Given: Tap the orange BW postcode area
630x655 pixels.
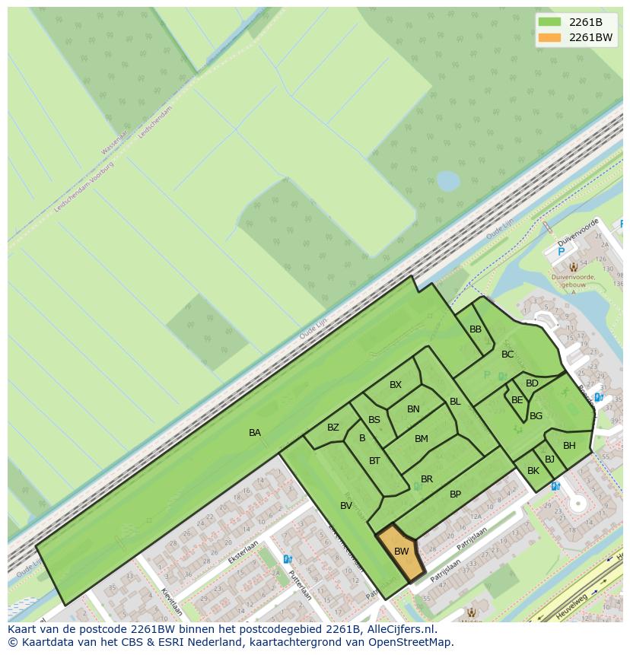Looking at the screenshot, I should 401,552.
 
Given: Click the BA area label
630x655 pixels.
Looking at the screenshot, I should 255,433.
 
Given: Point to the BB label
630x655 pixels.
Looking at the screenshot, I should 476,329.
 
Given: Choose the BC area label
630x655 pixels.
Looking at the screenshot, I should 508,355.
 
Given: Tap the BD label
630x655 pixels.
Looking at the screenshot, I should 532,383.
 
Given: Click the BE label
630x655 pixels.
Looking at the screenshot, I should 517,400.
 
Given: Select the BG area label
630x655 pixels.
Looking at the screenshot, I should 536,416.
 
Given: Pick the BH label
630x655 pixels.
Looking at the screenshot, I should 569,446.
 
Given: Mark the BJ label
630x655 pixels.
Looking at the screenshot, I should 549,459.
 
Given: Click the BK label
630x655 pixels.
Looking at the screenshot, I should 533,472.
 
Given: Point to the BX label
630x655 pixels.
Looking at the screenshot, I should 396,385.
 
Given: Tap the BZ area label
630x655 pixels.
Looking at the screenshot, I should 333,428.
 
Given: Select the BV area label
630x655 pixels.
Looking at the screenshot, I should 346,506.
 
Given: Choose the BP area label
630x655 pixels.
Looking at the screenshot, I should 455,494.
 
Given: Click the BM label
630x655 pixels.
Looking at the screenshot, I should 422,439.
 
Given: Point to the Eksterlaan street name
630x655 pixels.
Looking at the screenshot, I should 243,552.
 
